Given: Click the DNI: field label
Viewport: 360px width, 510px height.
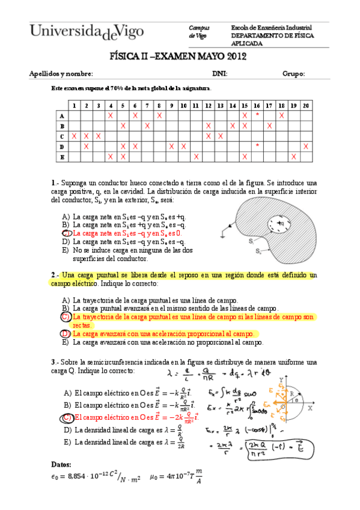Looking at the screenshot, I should pyautogui.click(x=219, y=74).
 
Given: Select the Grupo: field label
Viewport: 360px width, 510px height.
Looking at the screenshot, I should pyautogui.click(x=293, y=74).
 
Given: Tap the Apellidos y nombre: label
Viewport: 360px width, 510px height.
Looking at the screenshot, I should pyautogui.click(x=61, y=74).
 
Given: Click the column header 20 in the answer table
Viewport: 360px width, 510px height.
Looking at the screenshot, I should pyautogui.click(x=305, y=105).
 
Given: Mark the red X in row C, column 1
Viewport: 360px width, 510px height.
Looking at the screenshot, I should pyautogui.click(x=73, y=136).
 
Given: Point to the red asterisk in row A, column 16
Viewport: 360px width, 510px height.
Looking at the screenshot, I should pyautogui.click(x=257, y=115).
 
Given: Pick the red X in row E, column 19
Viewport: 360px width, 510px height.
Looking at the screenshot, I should pyautogui.click(x=293, y=156).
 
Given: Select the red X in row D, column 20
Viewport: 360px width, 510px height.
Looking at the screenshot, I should pyautogui.click(x=305, y=146).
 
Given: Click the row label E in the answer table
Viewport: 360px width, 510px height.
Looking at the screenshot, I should pyautogui.click(x=61, y=156).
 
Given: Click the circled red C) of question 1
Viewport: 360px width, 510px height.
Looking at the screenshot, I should pyautogui.click(x=67, y=233).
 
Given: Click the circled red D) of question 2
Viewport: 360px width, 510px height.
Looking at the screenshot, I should pyautogui.click(x=66, y=333).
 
